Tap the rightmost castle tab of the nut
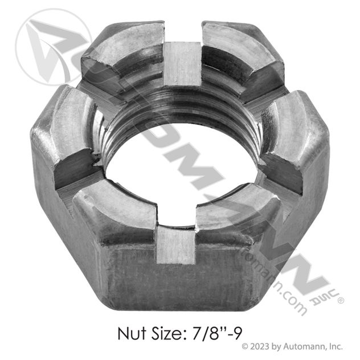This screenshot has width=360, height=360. coord(296,137)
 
